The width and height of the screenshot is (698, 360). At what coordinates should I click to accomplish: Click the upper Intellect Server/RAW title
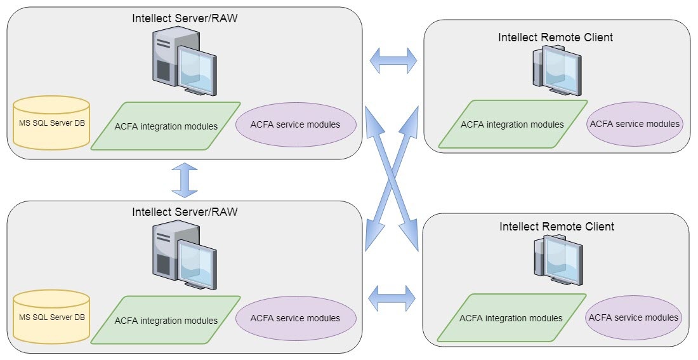(185, 18)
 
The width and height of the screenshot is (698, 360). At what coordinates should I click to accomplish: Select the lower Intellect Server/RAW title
(185, 211)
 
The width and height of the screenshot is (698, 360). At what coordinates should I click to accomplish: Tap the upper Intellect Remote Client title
(556, 37)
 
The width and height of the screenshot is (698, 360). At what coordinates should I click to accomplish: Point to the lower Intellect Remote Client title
(556, 226)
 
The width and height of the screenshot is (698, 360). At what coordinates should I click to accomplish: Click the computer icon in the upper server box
(185, 63)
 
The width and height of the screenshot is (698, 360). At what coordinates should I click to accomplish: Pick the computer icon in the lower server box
(185, 256)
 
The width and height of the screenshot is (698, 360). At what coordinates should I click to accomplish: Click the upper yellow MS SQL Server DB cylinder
(51, 123)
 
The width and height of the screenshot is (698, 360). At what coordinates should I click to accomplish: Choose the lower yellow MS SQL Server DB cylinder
(51, 317)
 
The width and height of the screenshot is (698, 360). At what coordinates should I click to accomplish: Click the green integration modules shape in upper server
(166, 126)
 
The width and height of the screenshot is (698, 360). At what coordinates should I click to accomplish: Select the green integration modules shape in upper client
(513, 124)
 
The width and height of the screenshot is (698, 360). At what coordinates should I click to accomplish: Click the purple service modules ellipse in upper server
(295, 124)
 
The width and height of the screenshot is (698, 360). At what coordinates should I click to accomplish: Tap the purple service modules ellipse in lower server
(295, 318)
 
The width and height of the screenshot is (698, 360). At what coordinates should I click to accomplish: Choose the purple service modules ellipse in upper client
(634, 124)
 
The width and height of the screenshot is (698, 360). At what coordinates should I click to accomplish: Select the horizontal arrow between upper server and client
(393, 62)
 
